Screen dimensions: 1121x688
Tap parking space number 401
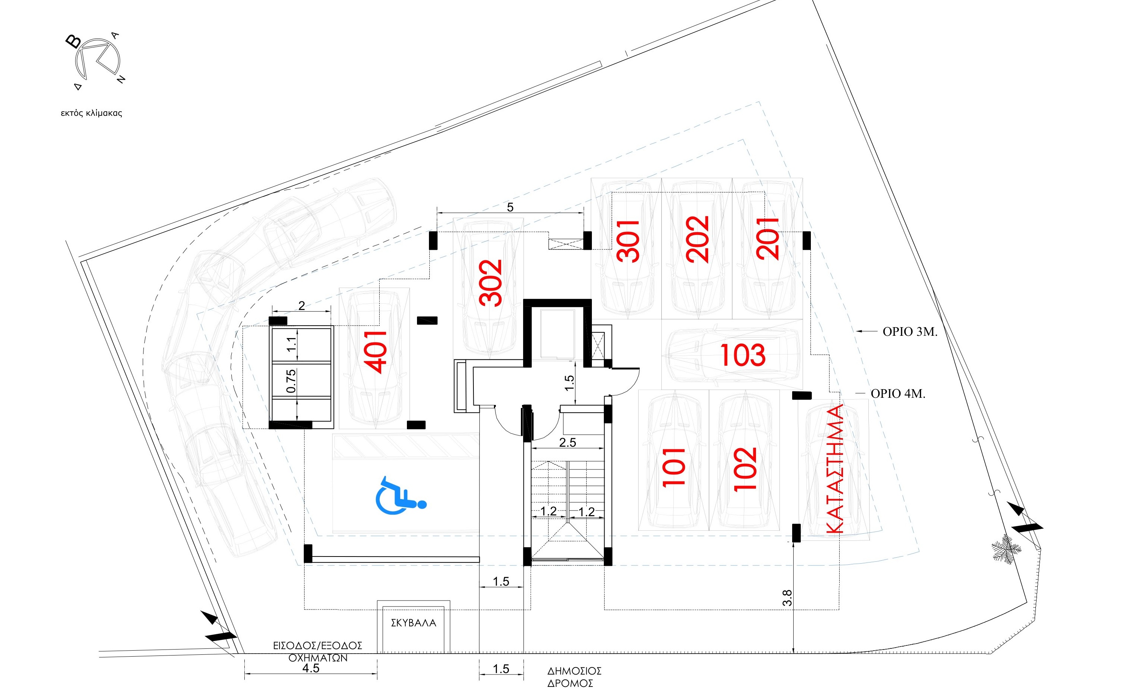point(376,352)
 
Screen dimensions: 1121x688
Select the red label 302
point(491,283)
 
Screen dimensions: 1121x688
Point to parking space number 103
point(743,355)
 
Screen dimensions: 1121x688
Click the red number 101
point(674,467)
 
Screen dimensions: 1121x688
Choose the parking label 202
point(697,239)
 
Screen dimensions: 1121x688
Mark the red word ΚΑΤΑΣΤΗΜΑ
point(835,469)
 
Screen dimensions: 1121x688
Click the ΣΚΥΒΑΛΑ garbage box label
point(413,623)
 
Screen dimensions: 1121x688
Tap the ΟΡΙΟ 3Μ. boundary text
point(910,332)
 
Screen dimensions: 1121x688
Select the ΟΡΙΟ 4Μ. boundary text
point(898,394)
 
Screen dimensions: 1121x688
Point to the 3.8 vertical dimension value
point(787,598)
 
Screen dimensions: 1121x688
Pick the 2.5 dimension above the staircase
point(568,442)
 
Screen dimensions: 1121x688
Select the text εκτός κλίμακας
point(92,113)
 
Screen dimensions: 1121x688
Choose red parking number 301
point(628,241)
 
